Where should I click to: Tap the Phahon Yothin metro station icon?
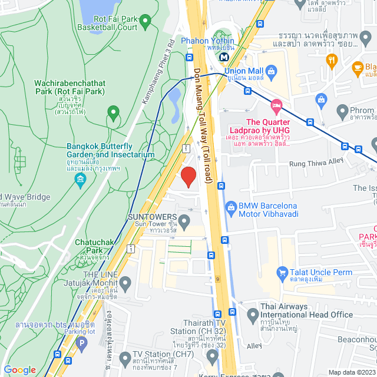coord(224,57)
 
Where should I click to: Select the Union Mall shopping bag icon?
coord(271,72)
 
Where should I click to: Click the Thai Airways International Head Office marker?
coord(252,313)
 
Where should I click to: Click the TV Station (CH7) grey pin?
coord(124,358)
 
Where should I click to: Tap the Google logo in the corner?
coord(19,369)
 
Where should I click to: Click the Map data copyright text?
coord(351,372)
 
